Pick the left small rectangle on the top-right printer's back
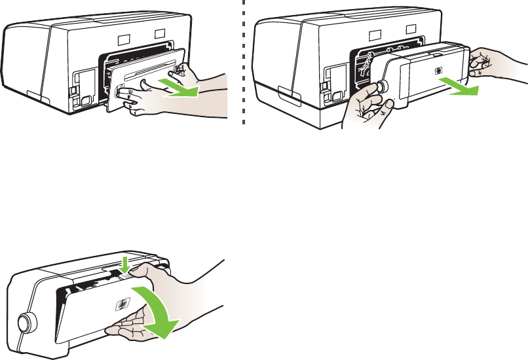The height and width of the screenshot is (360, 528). [374, 31]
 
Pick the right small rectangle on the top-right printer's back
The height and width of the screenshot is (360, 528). [410, 29]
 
